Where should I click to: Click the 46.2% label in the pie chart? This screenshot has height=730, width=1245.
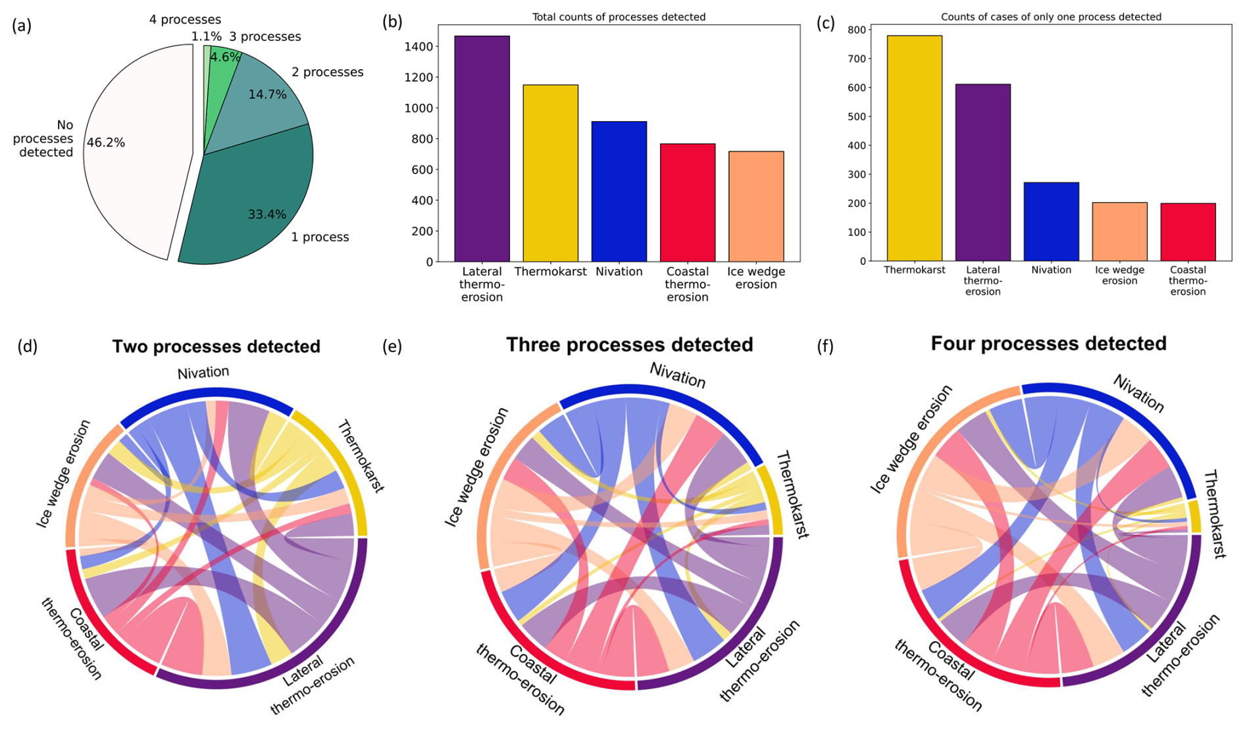(105, 143)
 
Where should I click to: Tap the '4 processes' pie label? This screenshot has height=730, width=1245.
(185, 20)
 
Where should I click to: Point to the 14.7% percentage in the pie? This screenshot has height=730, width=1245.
(267, 95)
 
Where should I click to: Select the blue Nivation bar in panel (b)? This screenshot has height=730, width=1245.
(619, 192)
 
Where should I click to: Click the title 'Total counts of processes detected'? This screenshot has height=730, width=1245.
(619, 17)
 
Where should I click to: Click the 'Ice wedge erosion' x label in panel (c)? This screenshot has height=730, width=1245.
(1119, 275)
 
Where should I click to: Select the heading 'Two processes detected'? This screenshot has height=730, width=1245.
(216, 347)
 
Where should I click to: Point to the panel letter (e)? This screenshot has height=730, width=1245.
(392, 346)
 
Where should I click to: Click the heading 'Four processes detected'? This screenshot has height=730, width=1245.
(1048, 344)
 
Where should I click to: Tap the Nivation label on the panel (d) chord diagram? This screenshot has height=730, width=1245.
(203, 373)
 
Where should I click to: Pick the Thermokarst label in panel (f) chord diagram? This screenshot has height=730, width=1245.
(1215, 514)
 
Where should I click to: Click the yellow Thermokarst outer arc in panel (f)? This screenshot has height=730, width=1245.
(1194, 517)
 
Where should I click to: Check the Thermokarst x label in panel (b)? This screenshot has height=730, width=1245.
(550, 272)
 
